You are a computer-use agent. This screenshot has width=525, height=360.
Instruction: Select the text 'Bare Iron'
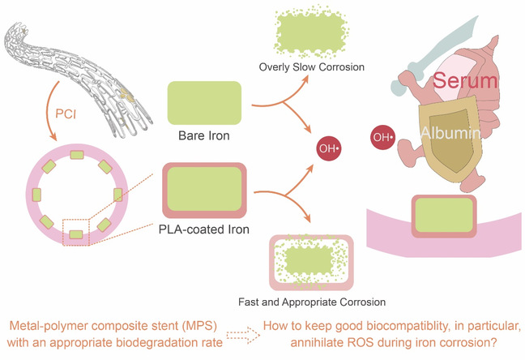[206, 135]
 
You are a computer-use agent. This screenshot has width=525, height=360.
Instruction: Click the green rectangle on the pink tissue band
[444, 216]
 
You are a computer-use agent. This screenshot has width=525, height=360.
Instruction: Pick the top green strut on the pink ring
[79, 154]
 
